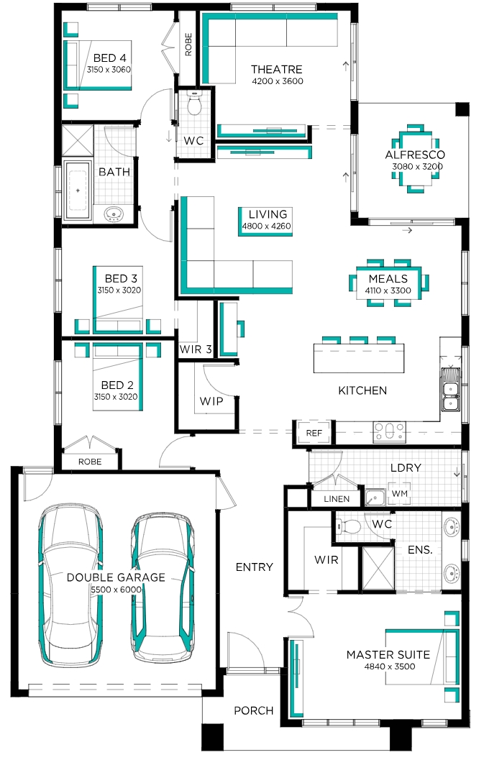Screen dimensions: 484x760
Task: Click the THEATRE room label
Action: pos(276,69)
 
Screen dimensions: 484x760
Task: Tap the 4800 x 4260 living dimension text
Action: pos(267,226)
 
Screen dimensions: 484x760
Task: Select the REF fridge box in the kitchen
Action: pos(314,433)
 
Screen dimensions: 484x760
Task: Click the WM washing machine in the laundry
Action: pos(400,493)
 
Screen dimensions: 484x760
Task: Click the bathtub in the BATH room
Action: pos(78,191)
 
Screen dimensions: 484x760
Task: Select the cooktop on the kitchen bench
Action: pos(388,432)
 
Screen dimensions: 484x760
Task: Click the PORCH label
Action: pos(254,710)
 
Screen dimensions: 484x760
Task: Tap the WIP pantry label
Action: pos(211,400)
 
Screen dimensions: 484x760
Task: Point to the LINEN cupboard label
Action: pos(337,499)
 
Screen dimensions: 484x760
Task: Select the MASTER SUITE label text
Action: pos(388,654)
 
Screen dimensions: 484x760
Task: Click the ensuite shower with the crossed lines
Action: pos(378,568)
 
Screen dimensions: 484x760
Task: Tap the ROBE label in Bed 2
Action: pos(90,462)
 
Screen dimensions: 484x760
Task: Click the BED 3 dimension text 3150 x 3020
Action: pos(119,290)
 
